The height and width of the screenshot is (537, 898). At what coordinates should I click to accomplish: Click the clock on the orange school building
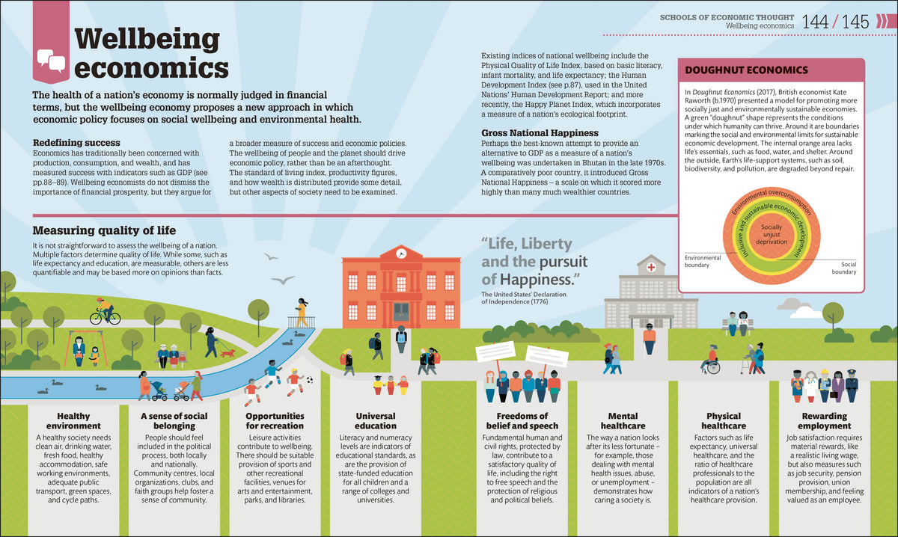(x=401, y=253)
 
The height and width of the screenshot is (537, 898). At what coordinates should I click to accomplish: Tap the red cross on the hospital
(x=651, y=267)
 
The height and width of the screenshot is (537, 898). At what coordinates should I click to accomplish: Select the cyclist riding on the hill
(x=105, y=311)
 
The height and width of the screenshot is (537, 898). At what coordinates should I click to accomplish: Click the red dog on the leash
(x=227, y=353)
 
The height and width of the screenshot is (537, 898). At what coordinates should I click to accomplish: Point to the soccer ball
(x=310, y=379)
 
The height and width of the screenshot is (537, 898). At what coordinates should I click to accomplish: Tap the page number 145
(x=855, y=22)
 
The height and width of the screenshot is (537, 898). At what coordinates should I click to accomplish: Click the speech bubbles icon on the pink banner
(x=52, y=61)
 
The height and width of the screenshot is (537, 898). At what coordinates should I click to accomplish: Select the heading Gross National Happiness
(x=540, y=132)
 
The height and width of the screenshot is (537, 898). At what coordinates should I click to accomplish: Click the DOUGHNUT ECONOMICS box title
(x=746, y=70)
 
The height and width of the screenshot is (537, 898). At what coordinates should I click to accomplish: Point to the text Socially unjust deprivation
(x=772, y=234)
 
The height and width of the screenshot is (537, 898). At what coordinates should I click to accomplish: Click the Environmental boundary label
(x=703, y=261)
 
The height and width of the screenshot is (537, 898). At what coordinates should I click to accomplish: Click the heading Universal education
(x=376, y=421)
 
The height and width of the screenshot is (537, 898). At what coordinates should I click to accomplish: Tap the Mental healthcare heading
(x=623, y=421)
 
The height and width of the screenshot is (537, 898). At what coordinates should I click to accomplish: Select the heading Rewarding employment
(x=824, y=421)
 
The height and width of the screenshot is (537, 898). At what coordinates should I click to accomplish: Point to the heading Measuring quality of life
(x=104, y=230)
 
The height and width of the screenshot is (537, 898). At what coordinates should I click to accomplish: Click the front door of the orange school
(x=401, y=312)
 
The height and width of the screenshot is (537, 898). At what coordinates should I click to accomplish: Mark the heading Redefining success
(x=76, y=143)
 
